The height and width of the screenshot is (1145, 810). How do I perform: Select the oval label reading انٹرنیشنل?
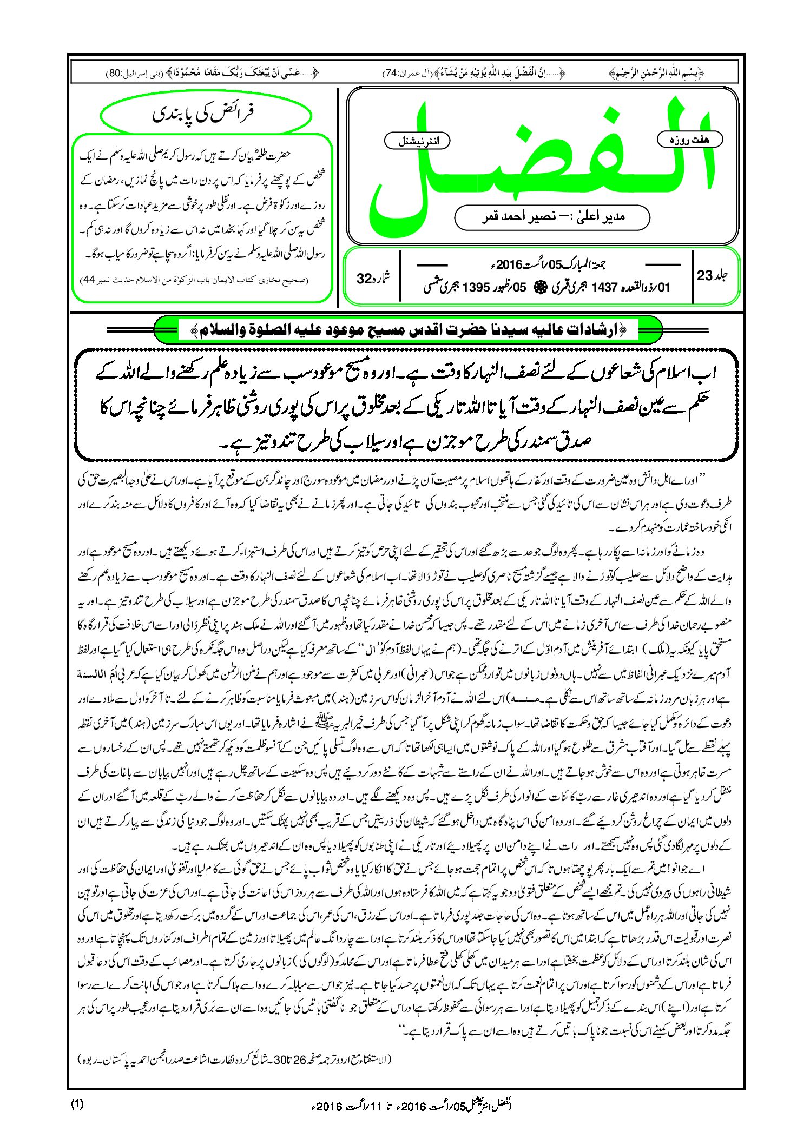pyautogui.click(x=416, y=141)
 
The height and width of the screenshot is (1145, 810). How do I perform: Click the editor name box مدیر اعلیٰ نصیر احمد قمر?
pyautogui.click(x=552, y=217)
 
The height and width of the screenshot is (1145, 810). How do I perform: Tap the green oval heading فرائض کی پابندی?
pyautogui.click(x=206, y=115)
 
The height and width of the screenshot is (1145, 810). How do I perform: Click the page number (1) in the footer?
pyautogui.click(x=77, y=1104)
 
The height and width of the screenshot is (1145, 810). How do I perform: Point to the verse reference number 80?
pyautogui.click(x=115, y=72)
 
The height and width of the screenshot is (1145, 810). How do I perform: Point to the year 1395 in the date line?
pyautogui.click(x=477, y=288)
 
